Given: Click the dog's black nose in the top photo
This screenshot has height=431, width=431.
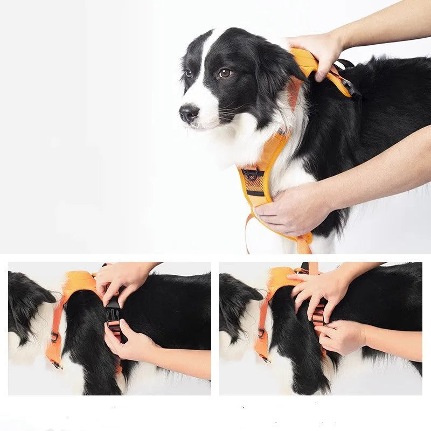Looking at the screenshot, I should click(x=189, y=113).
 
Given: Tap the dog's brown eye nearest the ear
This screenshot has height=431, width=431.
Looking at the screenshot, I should click(x=225, y=73).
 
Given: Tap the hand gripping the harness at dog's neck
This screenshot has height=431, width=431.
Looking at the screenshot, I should click(x=315, y=51).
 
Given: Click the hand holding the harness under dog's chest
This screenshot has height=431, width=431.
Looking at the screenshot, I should click(x=291, y=210).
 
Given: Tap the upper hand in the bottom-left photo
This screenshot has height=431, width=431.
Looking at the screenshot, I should click(x=121, y=280).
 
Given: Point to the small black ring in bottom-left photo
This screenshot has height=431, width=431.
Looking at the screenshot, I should click(x=54, y=337).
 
